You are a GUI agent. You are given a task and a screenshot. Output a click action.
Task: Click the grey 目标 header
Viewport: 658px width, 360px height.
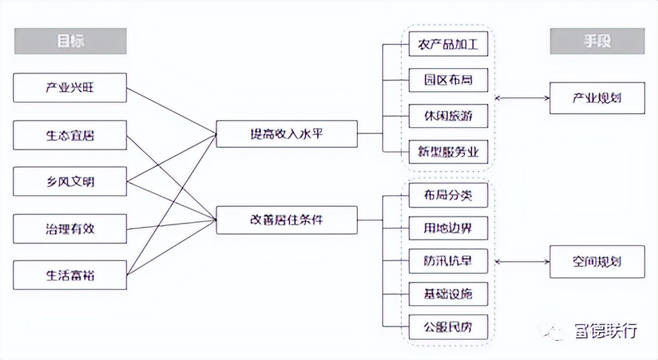(70, 41)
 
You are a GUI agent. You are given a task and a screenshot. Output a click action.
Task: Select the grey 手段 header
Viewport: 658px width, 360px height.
(596, 41)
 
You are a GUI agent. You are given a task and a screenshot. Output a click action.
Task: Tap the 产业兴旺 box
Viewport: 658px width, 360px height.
(70, 88)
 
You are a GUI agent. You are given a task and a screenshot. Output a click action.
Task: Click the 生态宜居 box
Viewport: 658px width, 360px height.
(70, 134)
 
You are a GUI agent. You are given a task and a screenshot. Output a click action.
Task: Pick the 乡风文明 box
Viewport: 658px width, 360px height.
(70, 181)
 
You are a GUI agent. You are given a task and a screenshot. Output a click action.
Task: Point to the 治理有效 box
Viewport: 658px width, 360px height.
(70, 228)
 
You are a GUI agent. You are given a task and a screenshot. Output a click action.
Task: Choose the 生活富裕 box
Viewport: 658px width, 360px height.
(70, 274)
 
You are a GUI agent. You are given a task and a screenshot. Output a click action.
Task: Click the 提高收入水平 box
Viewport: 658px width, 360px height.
(287, 134)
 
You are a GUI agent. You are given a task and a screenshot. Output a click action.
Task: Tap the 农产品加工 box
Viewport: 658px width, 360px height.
(448, 45)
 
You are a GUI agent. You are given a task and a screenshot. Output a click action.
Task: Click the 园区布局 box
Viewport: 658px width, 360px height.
(448, 80)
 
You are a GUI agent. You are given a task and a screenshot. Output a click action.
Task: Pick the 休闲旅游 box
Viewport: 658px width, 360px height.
(448, 116)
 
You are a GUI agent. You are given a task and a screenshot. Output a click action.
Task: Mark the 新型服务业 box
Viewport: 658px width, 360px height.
(448, 152)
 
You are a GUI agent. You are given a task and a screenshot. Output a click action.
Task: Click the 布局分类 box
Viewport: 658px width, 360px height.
(448, 195)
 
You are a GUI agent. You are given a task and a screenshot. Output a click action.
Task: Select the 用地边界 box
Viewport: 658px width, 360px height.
(448, 228)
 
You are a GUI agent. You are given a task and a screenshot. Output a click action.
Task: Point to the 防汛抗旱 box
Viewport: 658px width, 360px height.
(448, 260)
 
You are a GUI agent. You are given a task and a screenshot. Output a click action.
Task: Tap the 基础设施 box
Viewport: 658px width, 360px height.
(448, 293)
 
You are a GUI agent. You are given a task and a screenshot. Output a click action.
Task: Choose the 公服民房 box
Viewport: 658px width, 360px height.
(448, 327)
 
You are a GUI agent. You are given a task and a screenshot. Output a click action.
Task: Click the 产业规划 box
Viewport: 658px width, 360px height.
(596, 98)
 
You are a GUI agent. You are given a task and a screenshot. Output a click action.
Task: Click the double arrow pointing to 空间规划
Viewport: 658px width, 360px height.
(522, 262)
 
